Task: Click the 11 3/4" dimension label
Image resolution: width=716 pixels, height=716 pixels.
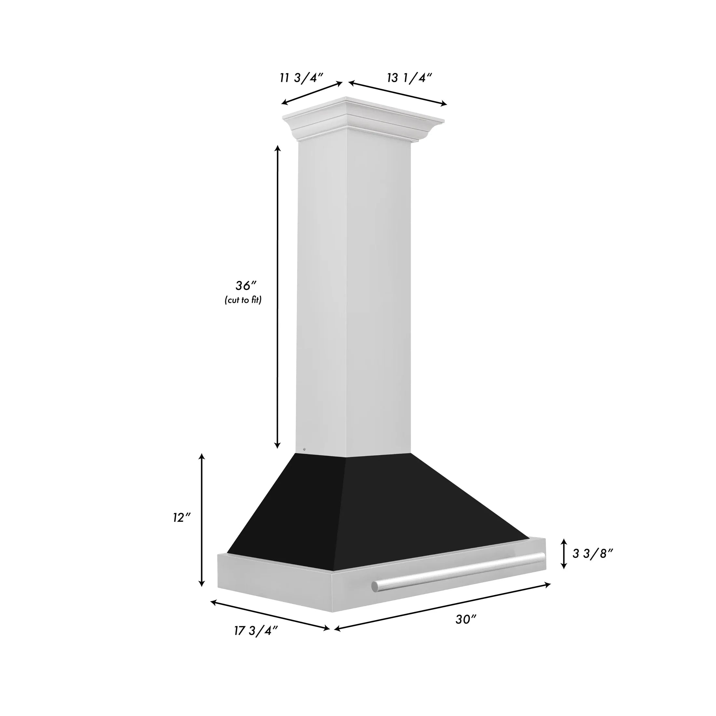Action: [302, 78]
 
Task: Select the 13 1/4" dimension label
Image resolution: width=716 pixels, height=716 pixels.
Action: [409, 78]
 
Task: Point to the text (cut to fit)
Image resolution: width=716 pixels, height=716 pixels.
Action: [243, 300]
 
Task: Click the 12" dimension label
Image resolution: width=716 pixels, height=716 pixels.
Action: [182, 518]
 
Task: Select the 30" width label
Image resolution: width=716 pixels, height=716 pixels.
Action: [466, 619]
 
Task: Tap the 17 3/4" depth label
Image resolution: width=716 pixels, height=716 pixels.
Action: [256, 631]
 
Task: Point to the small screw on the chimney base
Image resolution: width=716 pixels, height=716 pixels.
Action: [304, 449]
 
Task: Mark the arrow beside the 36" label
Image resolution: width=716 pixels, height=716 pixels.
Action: [278, 296]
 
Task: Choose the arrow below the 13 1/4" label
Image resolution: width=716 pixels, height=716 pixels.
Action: [398, 94]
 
